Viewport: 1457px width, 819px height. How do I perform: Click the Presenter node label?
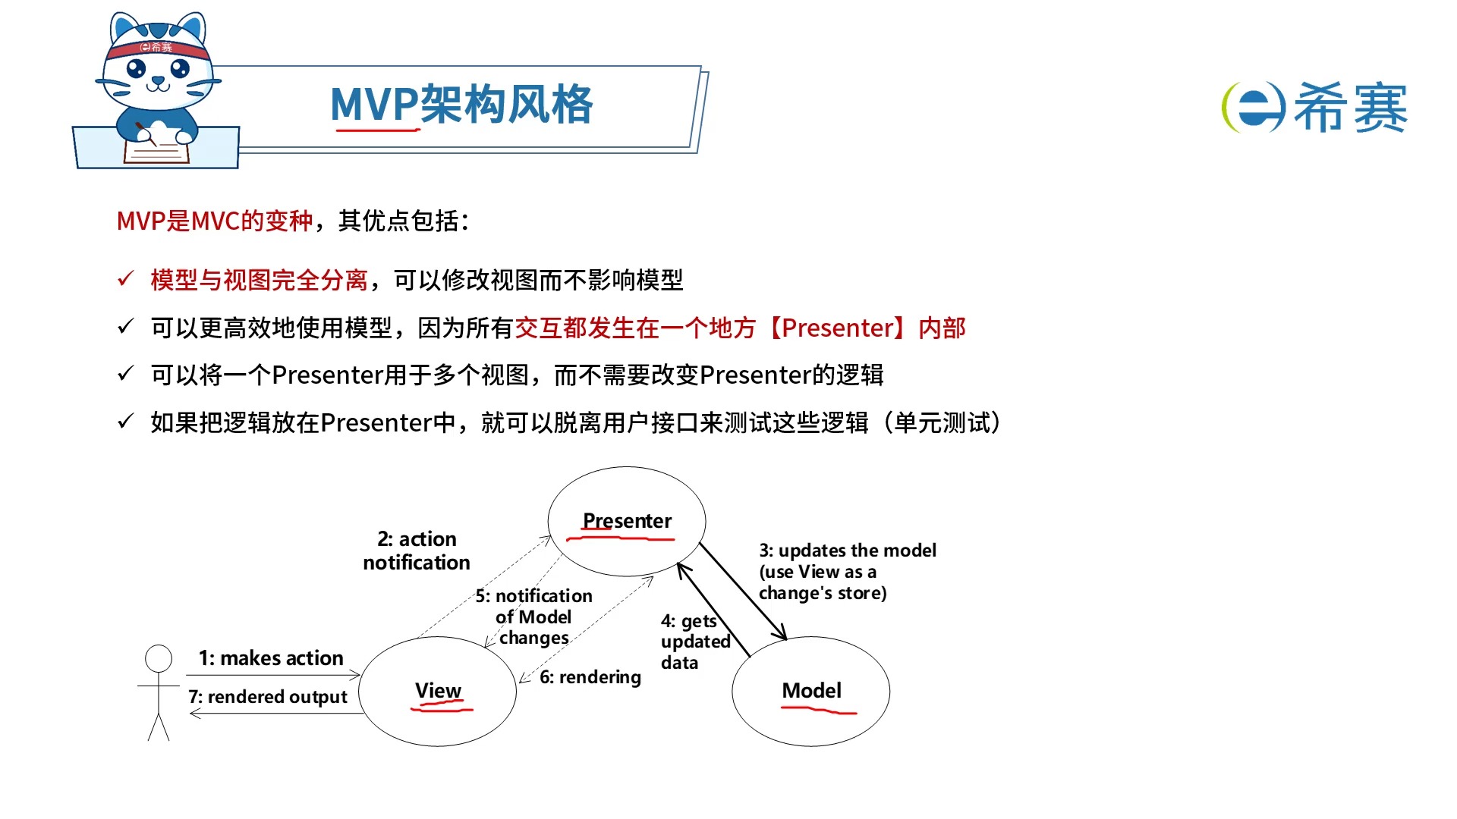tap(627, 521)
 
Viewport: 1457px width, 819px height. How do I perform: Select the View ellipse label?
tap(438, 691)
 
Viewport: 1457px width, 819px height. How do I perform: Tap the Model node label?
tap(811, 691)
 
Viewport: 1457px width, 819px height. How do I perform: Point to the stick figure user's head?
tap(159, 658)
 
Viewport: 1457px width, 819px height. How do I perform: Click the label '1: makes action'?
tap(271, 658)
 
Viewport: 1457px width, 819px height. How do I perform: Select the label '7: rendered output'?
tap(268, 697)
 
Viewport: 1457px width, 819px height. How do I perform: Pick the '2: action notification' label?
tap(417, 551)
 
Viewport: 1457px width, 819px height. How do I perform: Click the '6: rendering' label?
tap(590, 677)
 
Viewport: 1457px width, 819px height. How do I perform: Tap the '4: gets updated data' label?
tap(694, 642)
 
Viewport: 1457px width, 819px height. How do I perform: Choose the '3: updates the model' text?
tap(847, 551)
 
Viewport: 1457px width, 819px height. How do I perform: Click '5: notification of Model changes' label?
tap(534, 617)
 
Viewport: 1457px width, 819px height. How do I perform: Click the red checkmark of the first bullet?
tap(125, 279)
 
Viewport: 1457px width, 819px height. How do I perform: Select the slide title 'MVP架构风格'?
tap(461, 104)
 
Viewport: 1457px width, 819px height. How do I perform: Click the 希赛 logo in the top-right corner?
tap(1314, 107)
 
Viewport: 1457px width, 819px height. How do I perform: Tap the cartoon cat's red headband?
tap(158, 49)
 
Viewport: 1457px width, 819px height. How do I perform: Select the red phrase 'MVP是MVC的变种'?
tap(214, 221)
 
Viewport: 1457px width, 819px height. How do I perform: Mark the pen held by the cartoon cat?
tap(145, 133)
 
